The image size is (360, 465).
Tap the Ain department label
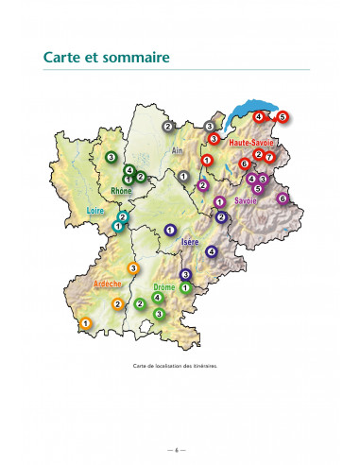177,149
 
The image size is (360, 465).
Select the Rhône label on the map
122,190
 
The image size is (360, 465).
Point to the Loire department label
94,211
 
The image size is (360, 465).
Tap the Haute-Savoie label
251,142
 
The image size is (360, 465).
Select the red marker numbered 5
282,117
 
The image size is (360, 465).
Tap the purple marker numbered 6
282,198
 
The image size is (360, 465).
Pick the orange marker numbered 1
85,323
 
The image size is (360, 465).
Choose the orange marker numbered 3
133,268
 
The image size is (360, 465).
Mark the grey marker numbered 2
167,126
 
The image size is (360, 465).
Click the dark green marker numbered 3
111,156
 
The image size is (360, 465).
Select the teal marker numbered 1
117,227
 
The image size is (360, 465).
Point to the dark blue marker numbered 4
212,251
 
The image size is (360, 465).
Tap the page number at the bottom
180,446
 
